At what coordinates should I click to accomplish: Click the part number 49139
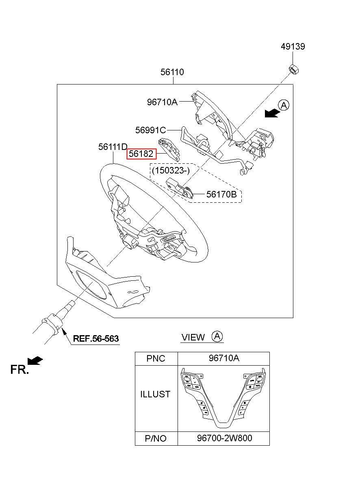tap(293, 47)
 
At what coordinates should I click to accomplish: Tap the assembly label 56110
tap(172, 72)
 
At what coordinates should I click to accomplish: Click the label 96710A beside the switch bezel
tap(162, 102)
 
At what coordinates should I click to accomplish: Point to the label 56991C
tap(150, 130)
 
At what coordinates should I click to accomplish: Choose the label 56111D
tap(113, 147)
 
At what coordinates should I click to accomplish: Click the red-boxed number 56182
tap(141, 154)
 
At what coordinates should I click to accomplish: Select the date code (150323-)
tap(171, 170)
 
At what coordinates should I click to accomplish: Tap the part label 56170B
tap(221, 194)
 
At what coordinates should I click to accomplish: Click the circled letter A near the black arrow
tap(284, 105)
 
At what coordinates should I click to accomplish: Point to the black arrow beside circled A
tap(272, 114)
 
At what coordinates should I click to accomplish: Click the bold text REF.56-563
tap(96, 339)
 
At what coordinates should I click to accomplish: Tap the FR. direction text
tap(20, 369)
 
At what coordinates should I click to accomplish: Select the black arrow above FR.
tap(35, 361)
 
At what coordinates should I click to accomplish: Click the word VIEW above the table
tap(193, 337)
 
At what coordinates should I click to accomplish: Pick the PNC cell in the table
tap(156, 358)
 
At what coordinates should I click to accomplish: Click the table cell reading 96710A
tap(223, 358)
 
